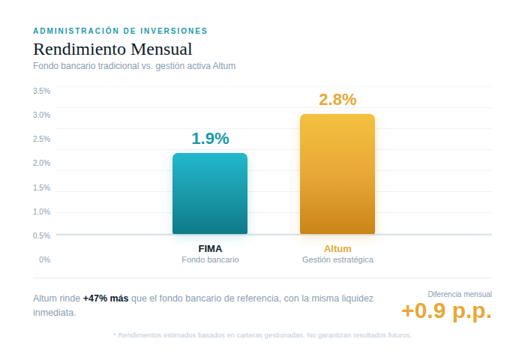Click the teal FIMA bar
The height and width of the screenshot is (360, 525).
pyautogui.click(x=210, y=193)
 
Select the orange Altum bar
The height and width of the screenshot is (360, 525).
pyautogui.click(x=337, y=174)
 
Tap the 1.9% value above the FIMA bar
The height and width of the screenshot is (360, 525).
pyautogui.click(x=210, y=139)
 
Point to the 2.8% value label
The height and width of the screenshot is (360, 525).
pyautogui.click(x=337, y=100)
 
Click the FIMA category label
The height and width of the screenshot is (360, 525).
pyautogui.click(x=210, y=248)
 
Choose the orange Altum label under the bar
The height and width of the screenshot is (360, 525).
pyautogui.click(x=337, y=248)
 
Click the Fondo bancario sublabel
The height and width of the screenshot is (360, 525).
pyautogui.click(x=210, y=259)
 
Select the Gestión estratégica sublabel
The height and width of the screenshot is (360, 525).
pyautogui.click(x=337, y=259)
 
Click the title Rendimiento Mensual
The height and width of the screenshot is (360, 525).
pyautogui.click(x=112, y=49)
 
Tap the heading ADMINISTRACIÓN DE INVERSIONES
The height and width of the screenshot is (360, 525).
pyautogui.click(x=120, y=31)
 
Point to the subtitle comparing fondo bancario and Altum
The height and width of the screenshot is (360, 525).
pyautogui.click(x=134, y=66)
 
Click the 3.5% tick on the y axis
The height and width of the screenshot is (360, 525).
pyautogui.click(x=42, y=91)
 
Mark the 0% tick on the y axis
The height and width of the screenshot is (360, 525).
pyautogui.click(x=45, y=259)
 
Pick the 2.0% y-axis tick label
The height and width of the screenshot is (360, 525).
pyautogui.click(x=42, y=163)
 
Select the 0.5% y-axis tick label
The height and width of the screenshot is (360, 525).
pyautogui.click(x=42, y=235)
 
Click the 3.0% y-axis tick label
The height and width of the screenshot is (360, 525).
pyautogui.click(x=42, y=115)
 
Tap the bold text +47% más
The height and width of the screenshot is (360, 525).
pyautogui.click(x=106, y=298)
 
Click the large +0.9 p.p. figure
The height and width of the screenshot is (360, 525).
pyautogui.click(x=446, y=310)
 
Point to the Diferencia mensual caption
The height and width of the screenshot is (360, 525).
pyautogui.click(x=460, y=294)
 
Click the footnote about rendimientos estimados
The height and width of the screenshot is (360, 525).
pyautogui.click(x=262, y=335)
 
